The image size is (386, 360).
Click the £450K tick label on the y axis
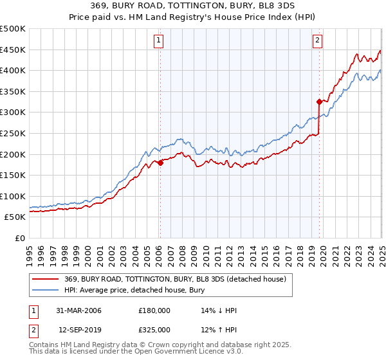pyautogui.click(x=13, y=50)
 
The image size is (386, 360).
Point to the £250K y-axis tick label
pyautogui.click(x=13, y=134)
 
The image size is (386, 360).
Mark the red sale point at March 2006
pyautogui.click(x=160, y=163)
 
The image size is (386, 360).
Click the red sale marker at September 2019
pyautogui.click(x=318, y=102)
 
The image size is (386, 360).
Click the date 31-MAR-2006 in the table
pyautogui.click(x=79, y=310)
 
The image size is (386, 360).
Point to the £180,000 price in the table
pyautogui.click(x=154, y=310)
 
